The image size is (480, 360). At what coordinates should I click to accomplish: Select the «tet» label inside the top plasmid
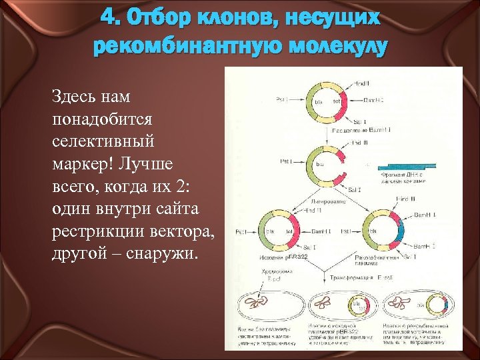point(337,101)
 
